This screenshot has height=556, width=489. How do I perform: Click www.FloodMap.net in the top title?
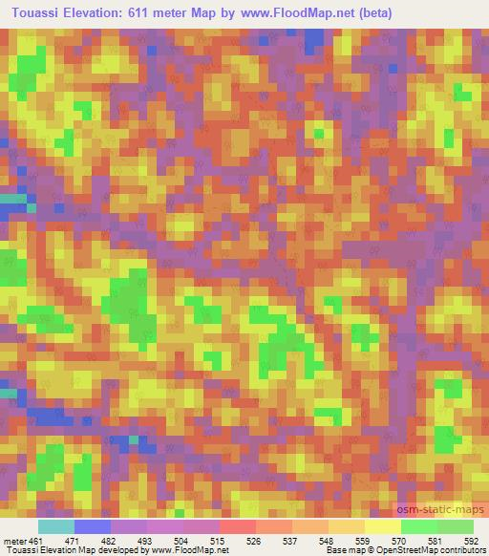click(x=286, y=13)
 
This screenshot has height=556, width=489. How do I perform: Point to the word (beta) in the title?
click(x=368, y=13)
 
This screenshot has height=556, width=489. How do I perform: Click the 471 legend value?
click(x=93, y=541)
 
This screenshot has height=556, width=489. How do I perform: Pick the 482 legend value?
click(x=129, y=541)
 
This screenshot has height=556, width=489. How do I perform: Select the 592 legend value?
click(x=471, y=541)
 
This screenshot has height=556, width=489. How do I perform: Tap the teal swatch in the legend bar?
click(x=56, y=526)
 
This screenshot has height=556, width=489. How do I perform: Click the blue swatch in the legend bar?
click(x=93, y=526)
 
